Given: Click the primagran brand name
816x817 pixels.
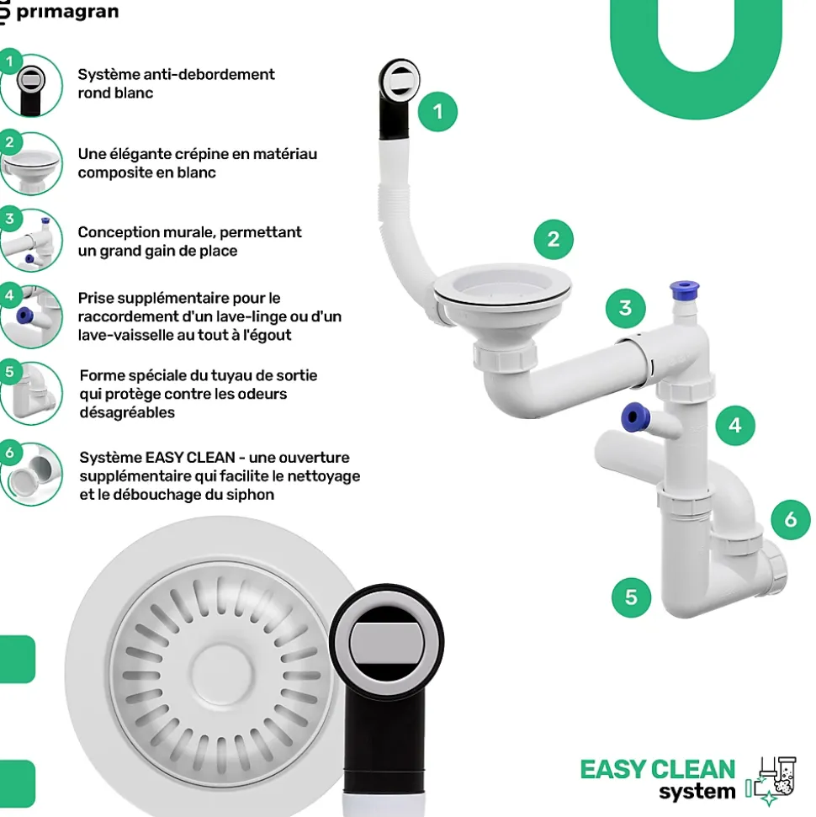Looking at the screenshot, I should (67, 12).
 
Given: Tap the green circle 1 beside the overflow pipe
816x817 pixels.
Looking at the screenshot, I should (437, 111).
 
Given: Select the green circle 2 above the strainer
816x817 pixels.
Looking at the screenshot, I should (553, 240).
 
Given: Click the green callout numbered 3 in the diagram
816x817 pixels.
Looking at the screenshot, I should (624, 308).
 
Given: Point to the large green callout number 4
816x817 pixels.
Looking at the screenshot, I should (734, 426).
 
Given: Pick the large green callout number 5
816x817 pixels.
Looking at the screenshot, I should (631, 598).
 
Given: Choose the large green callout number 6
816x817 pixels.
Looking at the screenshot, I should (790, 519).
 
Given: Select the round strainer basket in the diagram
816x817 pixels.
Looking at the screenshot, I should (502, 294).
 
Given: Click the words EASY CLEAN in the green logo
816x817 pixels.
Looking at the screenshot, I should (657, 769).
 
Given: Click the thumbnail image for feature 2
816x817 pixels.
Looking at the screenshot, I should (31, 163).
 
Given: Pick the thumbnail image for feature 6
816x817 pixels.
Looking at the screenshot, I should (31, 474).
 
